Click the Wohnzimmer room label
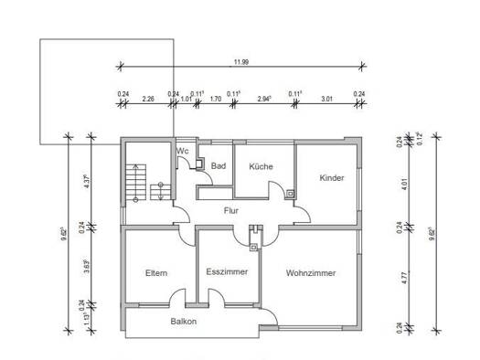pos(310,273)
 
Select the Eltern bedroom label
pos(156,273)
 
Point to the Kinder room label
pos(332,178)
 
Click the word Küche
pos(261,166)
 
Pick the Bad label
pos(218,166)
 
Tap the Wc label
pos(183,151)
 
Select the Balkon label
pos(183,322)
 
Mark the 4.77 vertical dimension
pos(401,273)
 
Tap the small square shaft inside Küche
pos(289,193)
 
